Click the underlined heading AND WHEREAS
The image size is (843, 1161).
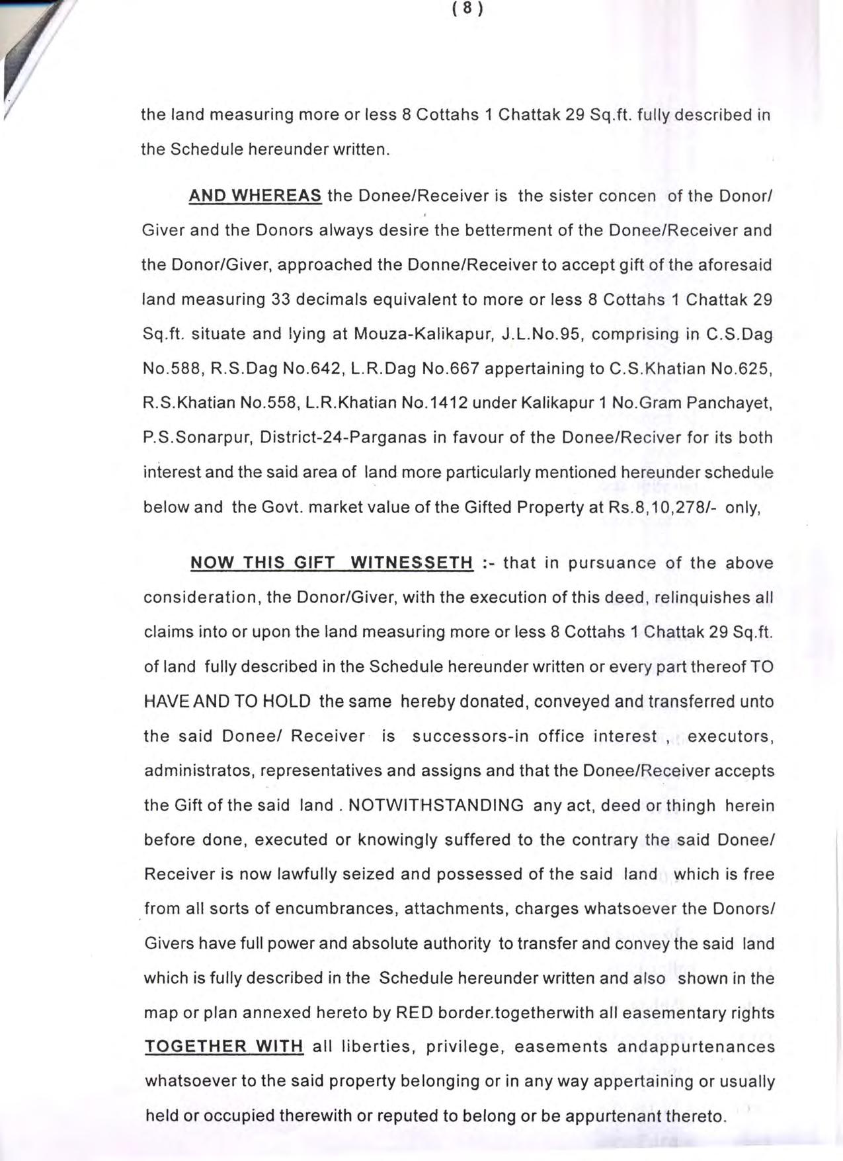point(255,196)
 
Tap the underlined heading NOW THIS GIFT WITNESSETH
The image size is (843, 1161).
point(331,563)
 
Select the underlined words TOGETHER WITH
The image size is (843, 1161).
point(223,1047)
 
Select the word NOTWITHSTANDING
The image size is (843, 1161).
point(436,805)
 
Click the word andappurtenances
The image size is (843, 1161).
point(696,1047)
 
